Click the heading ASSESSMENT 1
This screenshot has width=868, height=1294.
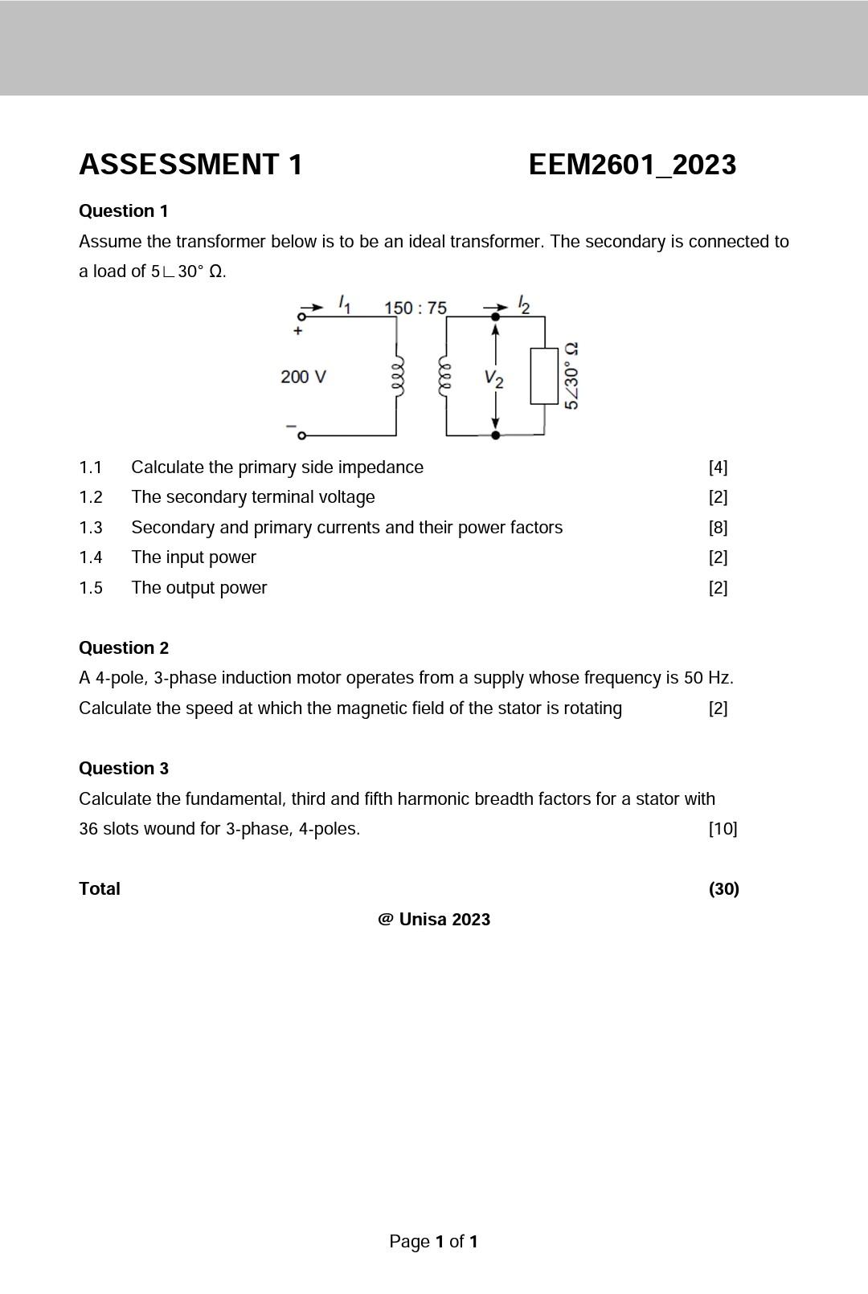(190, 165)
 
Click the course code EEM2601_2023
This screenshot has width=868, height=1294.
(632, 165)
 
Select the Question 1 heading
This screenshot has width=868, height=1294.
(123, 211)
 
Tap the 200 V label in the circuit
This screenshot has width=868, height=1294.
(303, 377)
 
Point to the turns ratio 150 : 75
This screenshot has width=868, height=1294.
(415, 308)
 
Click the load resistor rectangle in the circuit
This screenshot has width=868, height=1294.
(544, 376)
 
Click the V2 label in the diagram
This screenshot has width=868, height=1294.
(494, 378)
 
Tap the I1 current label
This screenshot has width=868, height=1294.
(344, 304)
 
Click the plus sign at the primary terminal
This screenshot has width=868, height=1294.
(298, 330)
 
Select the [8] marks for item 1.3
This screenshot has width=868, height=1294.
(718, 528)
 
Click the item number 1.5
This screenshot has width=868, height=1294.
(91, 588)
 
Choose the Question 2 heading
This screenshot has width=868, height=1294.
(123, 648)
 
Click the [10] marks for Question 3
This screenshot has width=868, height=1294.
(723, 829)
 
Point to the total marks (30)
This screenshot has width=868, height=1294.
(723, 889)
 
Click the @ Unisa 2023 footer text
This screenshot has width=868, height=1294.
(434, 920)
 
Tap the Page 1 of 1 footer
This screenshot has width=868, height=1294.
(434, 1242)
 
